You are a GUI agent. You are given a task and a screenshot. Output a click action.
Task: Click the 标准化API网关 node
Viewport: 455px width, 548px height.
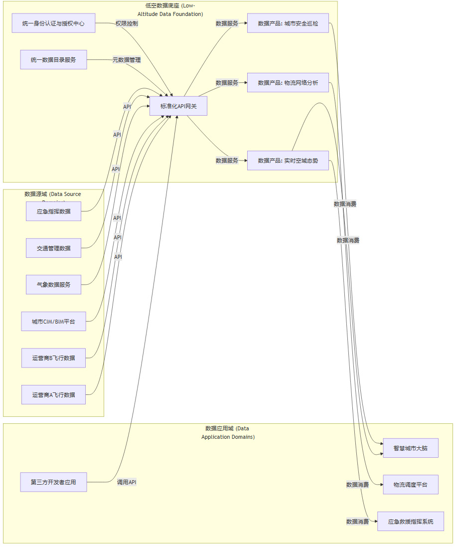(178, 106)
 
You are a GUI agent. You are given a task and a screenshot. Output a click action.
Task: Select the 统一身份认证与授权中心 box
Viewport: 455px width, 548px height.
(53, 23)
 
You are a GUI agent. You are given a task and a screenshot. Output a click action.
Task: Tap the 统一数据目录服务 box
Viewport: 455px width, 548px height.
(53, 60)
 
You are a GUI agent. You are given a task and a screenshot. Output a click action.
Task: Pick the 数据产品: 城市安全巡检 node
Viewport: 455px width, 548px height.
(288, 23)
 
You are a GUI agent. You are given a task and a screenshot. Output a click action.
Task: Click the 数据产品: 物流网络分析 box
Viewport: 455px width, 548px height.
(288, 82)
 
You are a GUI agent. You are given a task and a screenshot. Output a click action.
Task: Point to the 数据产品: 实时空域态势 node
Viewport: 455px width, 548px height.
(288, 161)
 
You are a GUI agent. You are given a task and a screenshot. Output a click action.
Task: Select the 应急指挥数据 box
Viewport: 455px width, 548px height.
(53, 211)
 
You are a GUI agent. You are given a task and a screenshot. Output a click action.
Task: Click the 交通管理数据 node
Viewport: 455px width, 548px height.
(53, 248)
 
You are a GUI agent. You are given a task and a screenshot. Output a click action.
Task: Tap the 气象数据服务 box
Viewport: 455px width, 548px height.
(53, 284)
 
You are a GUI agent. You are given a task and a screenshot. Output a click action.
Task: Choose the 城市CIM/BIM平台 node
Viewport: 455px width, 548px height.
(53, 321)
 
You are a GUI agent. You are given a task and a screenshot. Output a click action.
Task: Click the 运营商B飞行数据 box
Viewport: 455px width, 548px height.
(53, 358)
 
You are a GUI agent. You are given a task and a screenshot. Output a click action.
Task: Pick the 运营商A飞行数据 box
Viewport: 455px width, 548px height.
(53, 394)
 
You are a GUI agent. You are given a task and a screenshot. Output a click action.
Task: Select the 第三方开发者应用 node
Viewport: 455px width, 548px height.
(53, 482)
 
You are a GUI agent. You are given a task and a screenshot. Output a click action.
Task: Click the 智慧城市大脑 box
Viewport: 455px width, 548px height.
(410, 448)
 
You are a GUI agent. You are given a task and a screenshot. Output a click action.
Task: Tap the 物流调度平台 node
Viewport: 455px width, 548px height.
(410, 484)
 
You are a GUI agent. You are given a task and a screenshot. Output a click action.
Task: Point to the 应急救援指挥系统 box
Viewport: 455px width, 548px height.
(410, 521)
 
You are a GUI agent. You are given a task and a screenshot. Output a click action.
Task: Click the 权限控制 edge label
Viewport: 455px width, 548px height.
(127, 23)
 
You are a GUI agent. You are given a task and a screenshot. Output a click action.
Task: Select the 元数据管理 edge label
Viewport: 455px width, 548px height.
(127, 60)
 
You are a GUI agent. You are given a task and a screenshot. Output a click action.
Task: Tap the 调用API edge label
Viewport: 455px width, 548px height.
(127, 482)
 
